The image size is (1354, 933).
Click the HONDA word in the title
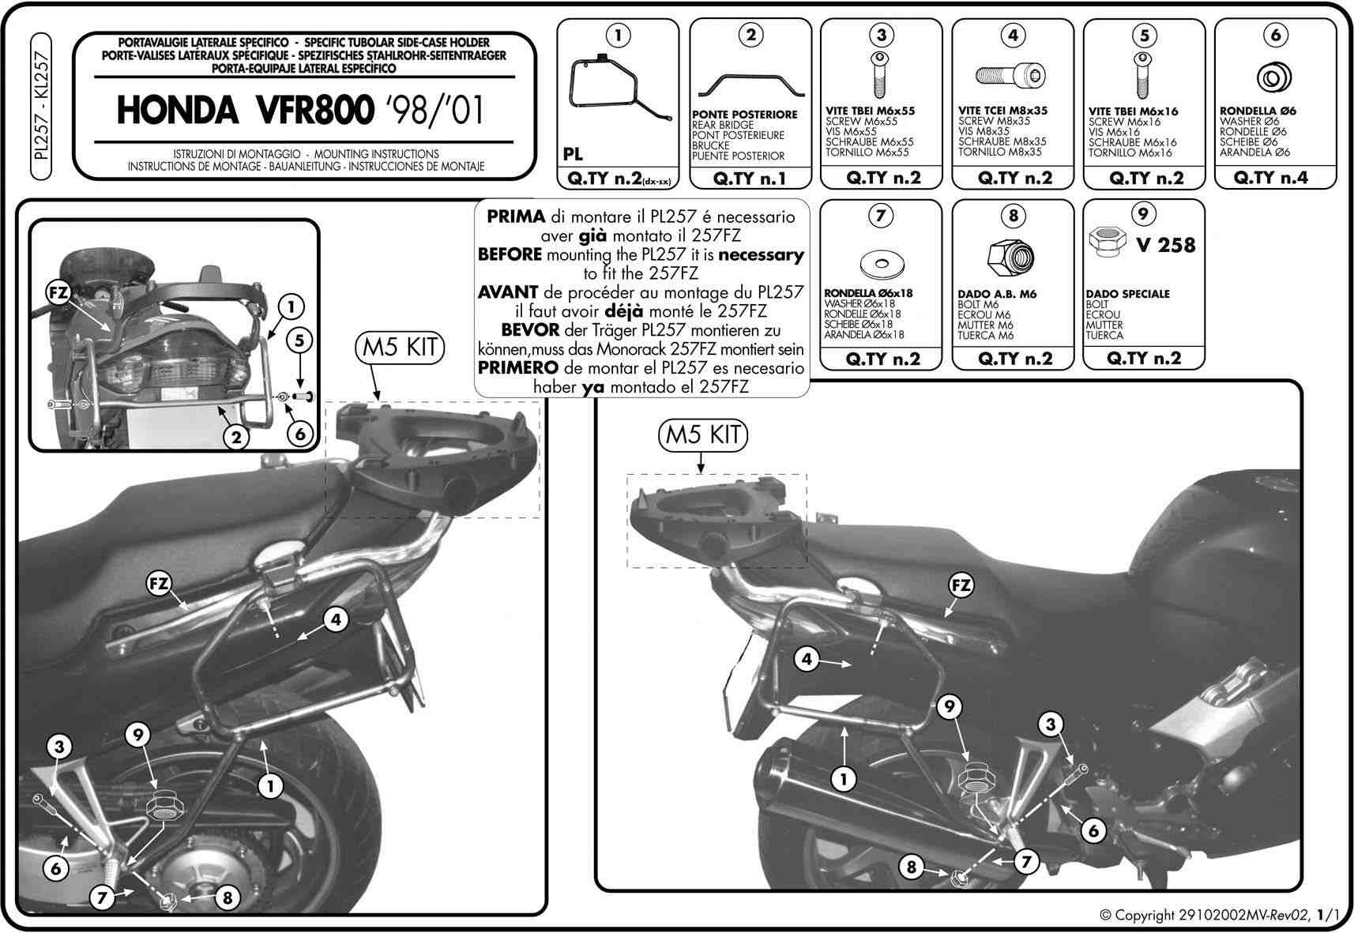coord(177,110)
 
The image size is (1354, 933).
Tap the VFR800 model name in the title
coord(314,110)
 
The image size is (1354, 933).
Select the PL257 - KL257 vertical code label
coord(41,107)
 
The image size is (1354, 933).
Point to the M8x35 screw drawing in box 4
coord(1010,76)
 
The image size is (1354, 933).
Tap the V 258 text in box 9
coord(1164,245)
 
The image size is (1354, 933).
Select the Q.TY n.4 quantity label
coord(1270,178)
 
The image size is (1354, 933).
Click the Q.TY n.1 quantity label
coord(750,179)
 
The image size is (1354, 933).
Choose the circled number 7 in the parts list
coord(880,215)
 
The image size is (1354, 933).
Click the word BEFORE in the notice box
coord(510,254)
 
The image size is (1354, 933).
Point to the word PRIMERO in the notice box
coord(518,367)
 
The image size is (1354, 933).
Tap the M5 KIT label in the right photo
coord(702,435)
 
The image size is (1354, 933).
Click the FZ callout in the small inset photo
coord(58,293)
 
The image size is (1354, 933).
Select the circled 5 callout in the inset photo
coord(299,341)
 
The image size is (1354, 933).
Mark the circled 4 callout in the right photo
coord(807,659)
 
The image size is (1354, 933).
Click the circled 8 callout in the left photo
coord(228,898)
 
